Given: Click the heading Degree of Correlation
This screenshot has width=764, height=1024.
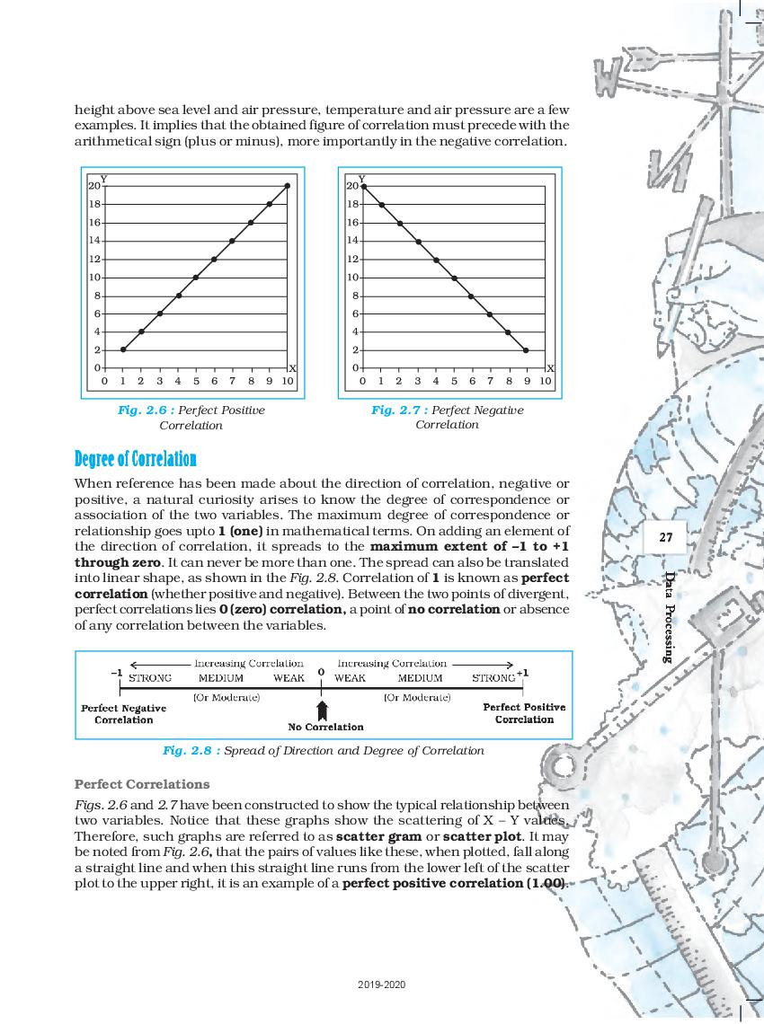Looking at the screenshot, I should click(x=135, y=459).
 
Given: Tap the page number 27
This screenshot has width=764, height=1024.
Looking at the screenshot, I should click(x=666, y=537).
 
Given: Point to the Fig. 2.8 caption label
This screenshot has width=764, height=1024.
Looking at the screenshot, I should click(x=191, y=750).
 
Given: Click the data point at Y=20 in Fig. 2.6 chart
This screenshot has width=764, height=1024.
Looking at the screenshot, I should click(x=288, y=186).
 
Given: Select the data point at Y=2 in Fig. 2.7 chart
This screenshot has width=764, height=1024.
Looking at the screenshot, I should click(x=526, y=349).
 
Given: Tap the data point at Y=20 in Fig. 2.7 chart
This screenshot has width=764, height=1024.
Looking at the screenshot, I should click(x=363, y=186).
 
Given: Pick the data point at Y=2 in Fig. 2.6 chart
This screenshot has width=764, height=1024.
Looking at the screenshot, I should click(x=123, y=349).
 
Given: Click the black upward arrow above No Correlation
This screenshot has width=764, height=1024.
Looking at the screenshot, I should click(x=321, y=709).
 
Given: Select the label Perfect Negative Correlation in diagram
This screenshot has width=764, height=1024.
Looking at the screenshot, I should click(x=124, y=714).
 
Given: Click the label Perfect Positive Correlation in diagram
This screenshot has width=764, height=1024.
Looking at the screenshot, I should click(x=524, y=713).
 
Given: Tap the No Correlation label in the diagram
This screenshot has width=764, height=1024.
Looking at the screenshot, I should click(x=325, y=727).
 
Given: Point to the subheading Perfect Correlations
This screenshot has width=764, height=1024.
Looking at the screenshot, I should click(x=142, y=783).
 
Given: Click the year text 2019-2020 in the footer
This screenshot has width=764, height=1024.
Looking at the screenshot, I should click(x=382, y=984).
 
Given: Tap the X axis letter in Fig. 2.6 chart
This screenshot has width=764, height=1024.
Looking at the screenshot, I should click(x=292, y=369).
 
